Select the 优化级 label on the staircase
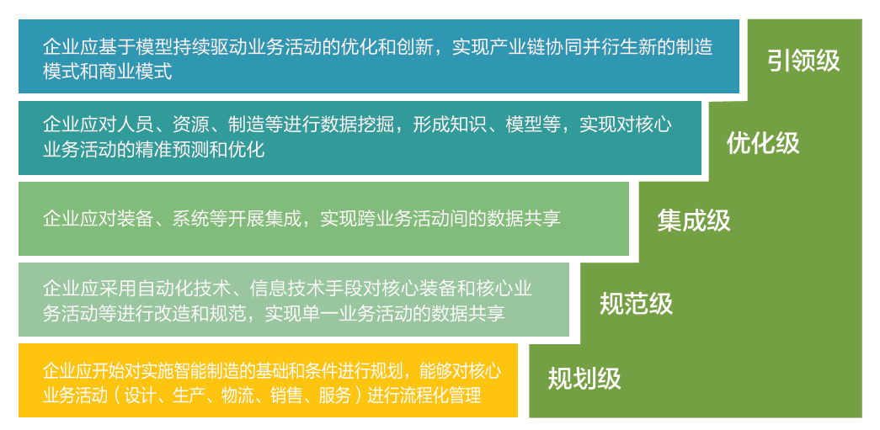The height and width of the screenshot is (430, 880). click(763, 143)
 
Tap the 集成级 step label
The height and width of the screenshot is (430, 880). click(694, 220)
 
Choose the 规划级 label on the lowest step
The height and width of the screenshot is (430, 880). click(584, 379)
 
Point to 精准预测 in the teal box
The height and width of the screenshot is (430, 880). click(200, 150)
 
